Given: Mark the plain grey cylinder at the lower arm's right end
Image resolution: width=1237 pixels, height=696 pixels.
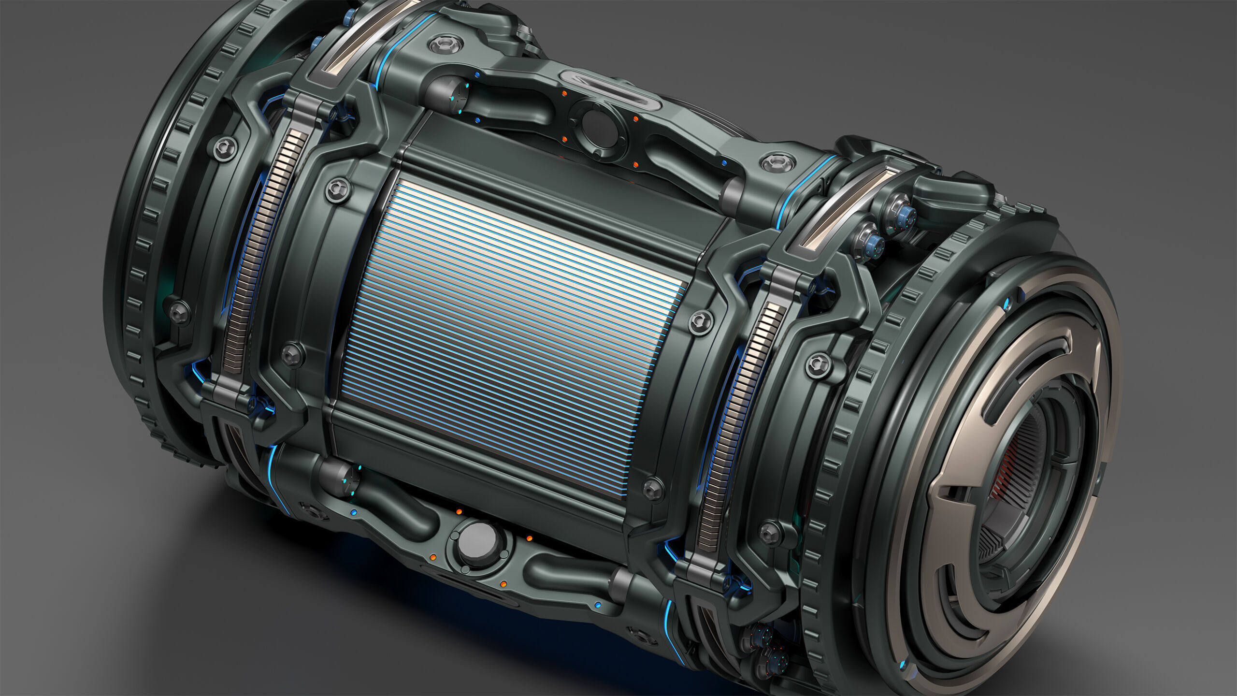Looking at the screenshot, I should point(623,585).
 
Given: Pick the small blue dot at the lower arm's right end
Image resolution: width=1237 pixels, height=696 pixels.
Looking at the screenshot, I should point(598,605).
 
